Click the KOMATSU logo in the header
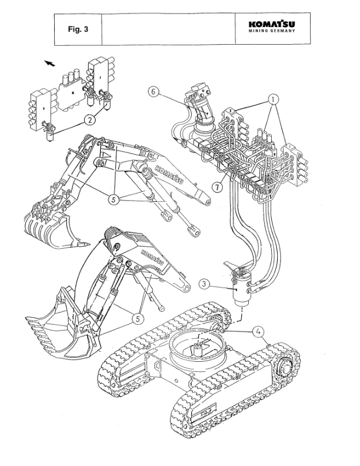[x=272, y=24]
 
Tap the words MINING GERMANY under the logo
[x=272, y=32]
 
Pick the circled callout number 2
[x=89, y=120]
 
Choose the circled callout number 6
[x=153, y=92]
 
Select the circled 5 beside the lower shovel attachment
[x=136, y=318]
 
